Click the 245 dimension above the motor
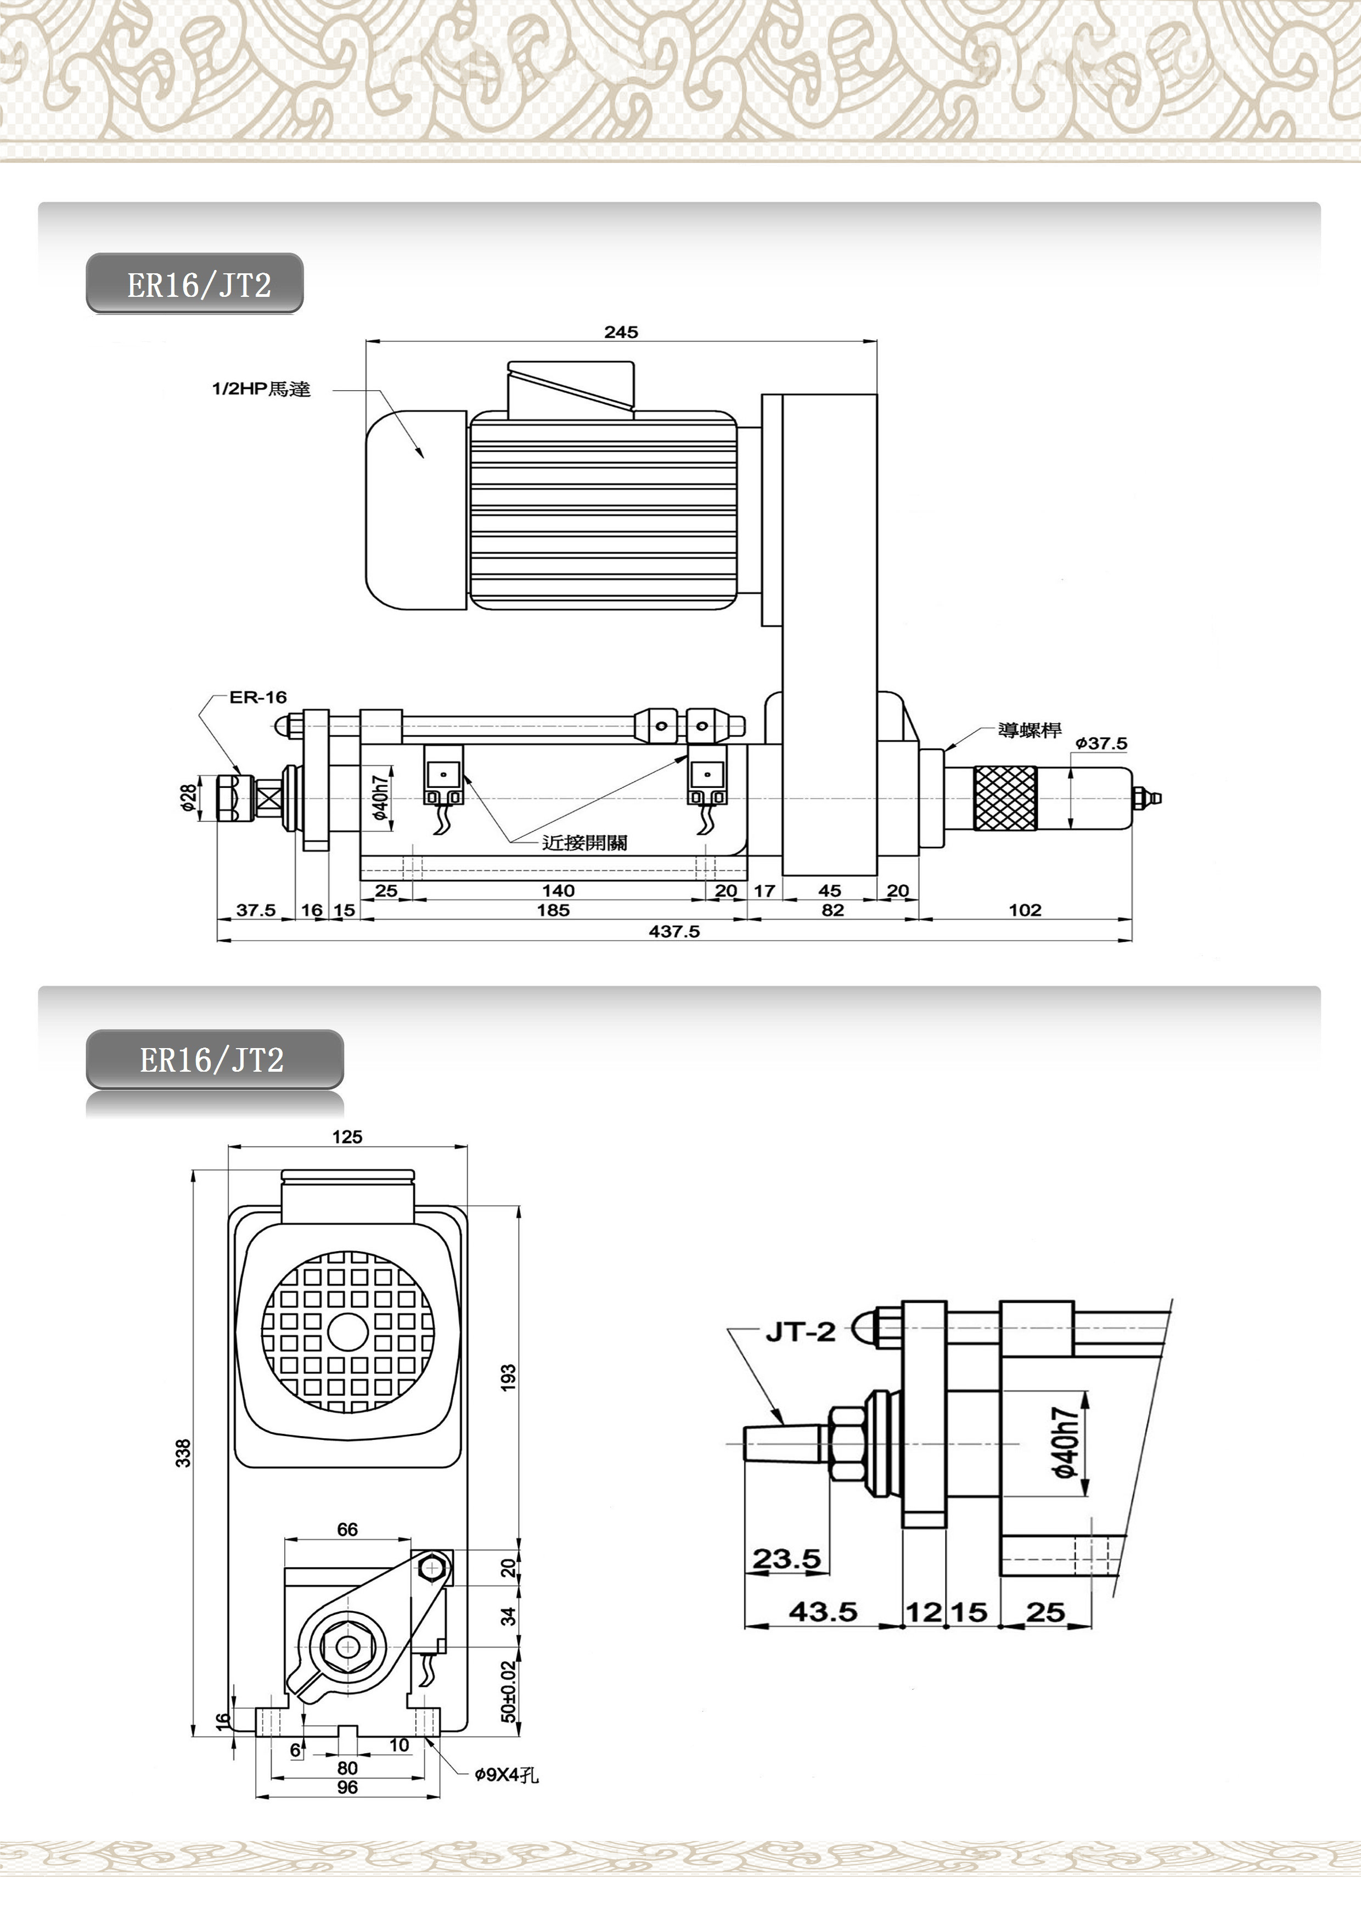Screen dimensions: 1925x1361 pos(621,332)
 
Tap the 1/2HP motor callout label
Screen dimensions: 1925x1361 pos(261,389)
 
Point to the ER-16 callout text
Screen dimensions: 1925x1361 pos(257,697)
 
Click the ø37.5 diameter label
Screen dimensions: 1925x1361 pos(1101,743)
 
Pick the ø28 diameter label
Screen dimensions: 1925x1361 pos(189,797)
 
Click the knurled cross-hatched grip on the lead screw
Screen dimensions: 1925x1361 pos(1005,798)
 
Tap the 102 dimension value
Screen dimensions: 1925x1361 pos(1025,910)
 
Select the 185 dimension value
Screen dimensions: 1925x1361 pos(554,910)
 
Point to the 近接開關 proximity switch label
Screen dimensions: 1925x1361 pos(584,843)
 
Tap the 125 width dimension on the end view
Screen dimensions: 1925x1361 pos(347,1137)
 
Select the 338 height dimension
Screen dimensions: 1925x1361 pos(183,1453)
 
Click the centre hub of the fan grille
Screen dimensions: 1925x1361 pos(347,1331)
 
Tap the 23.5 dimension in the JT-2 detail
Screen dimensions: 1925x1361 pos(786,1558)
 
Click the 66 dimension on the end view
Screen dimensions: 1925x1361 pos(347,1529)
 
